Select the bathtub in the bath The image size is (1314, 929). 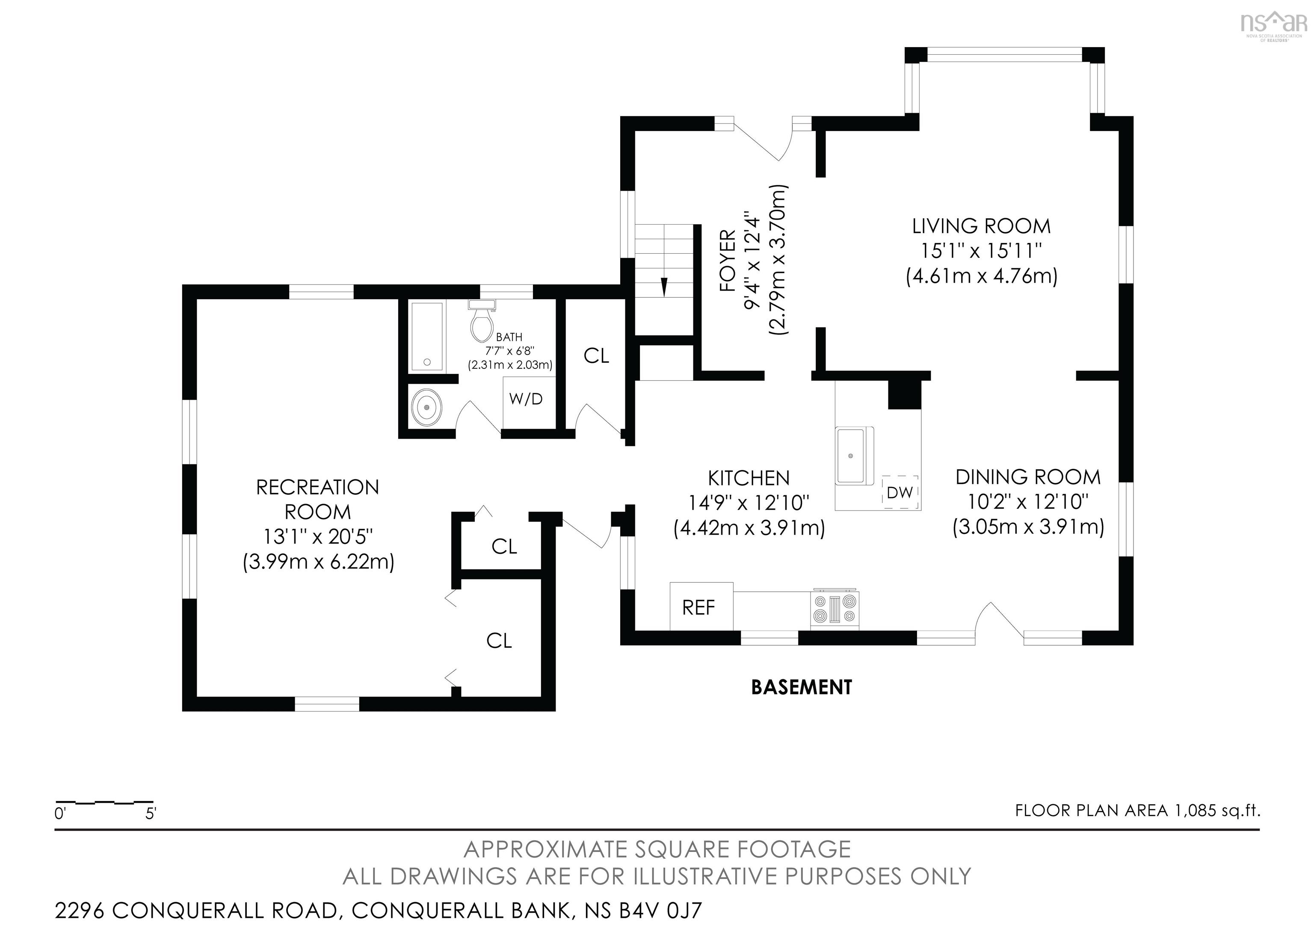pyautogui.click(x=427, y=337)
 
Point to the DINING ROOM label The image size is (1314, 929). pyautogui.click(x=1028, y=477)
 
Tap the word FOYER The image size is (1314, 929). pyautogui.click(x=728, y=261)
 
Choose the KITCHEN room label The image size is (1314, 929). pyautogui.click(x=749, y=478)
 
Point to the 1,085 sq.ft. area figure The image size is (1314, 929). pyautogui.click(x=1217, y=810)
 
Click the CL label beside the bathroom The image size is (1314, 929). pyautogui.click(x=596, y=356)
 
